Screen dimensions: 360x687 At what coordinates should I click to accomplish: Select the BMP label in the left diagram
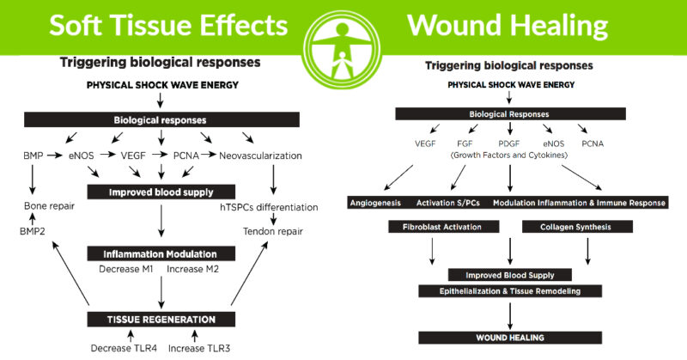pyautogui.click(x=32, y=157)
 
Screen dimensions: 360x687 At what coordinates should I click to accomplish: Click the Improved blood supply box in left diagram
pyautogui.click(x=161, y=192)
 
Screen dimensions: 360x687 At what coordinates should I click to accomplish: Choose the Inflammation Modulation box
pyautogui.click(x=161, y=253)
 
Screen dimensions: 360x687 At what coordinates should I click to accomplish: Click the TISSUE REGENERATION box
pyautogui.click(x=161, y=319)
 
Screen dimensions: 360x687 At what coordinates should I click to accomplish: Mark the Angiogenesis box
pyautogui.click(x=375, y=203)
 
